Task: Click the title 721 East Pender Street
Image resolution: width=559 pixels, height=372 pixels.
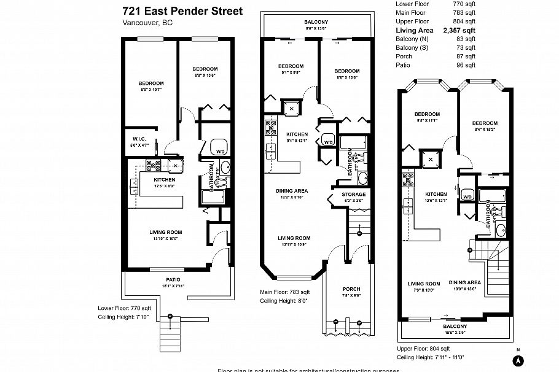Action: pos(182,11)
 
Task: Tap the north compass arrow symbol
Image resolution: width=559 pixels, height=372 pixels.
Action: pos(518,359)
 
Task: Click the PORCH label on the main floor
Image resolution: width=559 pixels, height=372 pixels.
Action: pos(351,289)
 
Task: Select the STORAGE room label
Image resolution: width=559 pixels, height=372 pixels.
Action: pos(353,195)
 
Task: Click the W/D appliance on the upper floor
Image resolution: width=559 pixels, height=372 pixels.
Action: pos(467,197)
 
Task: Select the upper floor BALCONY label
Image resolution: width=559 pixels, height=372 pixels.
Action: pos(455,326)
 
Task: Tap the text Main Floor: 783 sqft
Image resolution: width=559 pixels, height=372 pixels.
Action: pos(285,292)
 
